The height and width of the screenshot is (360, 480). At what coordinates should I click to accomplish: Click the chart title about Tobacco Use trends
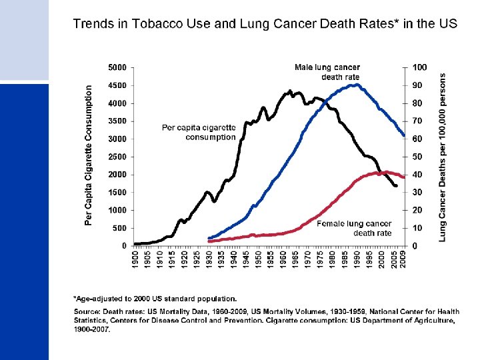click(265, 24)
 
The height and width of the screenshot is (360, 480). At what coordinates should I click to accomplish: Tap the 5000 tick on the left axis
click(118, 68)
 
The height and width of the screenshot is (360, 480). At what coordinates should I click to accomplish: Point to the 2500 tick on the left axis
click(118, 157)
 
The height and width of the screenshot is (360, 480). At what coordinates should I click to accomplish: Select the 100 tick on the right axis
click(420, 68)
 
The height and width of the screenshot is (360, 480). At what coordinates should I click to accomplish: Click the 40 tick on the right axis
click(418, 175)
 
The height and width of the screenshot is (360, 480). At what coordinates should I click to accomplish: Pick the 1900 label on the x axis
click(135, 259)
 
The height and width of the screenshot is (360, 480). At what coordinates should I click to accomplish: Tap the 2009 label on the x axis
click(404, 259)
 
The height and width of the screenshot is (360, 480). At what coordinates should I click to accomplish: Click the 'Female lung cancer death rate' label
click(354, 229)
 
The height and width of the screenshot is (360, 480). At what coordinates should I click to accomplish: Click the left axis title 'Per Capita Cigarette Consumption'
click(89, 154)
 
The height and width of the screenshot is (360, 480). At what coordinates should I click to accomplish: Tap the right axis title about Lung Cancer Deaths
click(443, 157)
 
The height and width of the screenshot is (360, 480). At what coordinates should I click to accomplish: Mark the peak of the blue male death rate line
click(357, 85)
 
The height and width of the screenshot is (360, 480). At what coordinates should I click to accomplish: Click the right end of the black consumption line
click(397, 186)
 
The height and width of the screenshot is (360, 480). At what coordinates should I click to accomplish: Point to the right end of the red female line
click(403, 177)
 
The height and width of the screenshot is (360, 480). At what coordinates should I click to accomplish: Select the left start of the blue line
click(209, 238)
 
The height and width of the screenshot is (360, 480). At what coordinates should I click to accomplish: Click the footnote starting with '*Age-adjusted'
click(155, 298)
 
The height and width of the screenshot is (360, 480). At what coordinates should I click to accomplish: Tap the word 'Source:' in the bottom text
click(86, 311)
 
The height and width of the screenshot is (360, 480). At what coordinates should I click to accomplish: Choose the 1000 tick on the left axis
click(118, 210)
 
